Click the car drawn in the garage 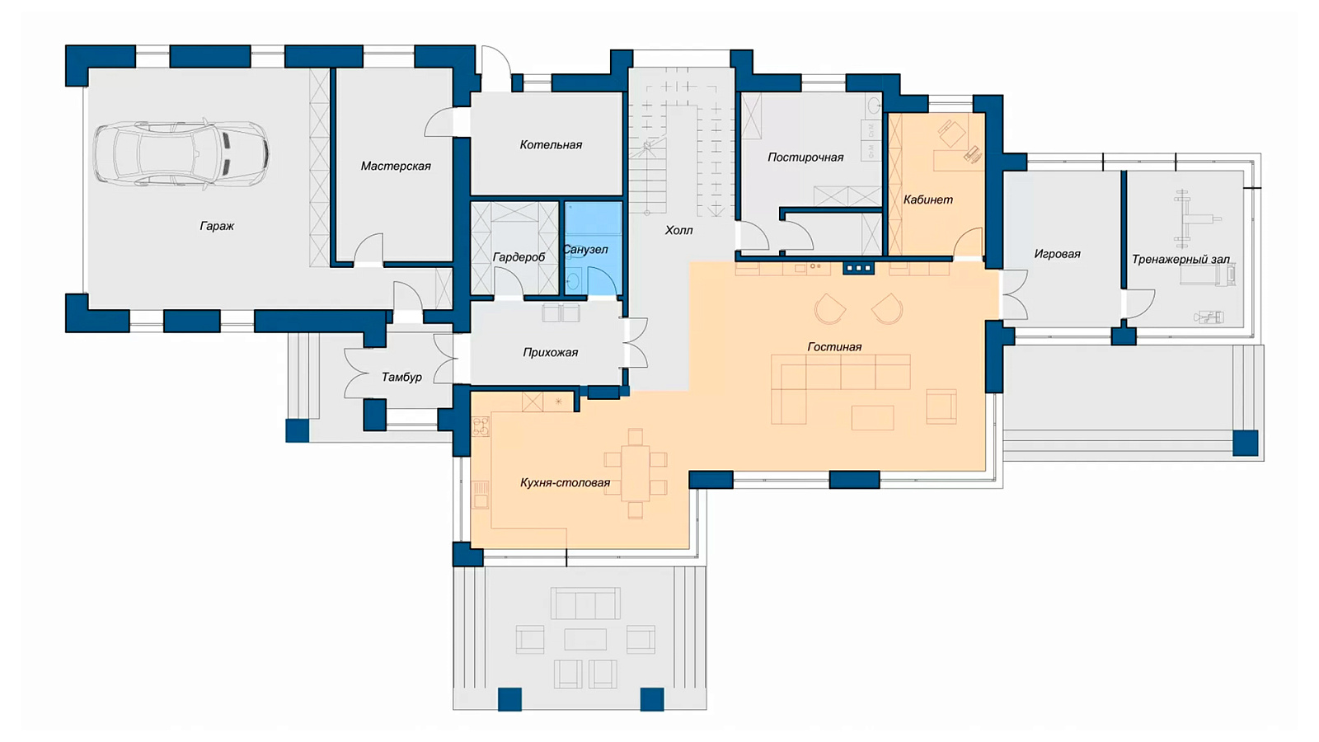181,153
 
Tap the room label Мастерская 396,166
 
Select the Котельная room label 551,145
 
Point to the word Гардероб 519,257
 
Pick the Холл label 678,230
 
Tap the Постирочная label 805,157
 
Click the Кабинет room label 928,200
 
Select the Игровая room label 1057,254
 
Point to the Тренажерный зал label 1181,260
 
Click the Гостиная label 834,347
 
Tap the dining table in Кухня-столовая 635,473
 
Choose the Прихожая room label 550,352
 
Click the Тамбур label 401,377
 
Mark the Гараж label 217,226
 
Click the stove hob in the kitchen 481,426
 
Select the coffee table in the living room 872,417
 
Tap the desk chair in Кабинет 951,134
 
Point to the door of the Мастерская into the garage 368,250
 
